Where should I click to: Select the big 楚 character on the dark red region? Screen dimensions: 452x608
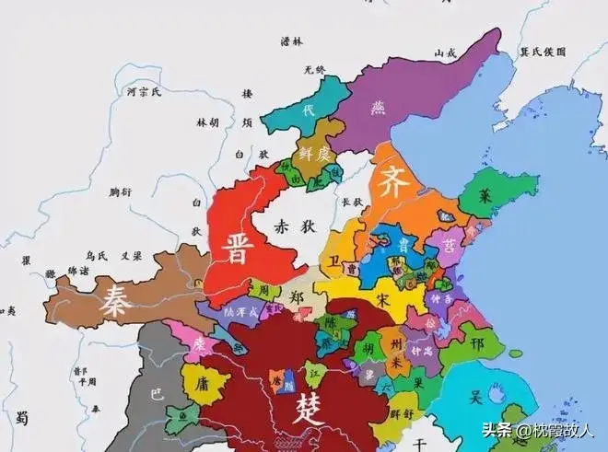pyautogui.click(x=307, y=406)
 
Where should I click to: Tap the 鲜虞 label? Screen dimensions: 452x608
pyautogui.click(x=313, y=154)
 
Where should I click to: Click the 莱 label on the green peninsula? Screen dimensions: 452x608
pyautogui.click(x=484, y=195)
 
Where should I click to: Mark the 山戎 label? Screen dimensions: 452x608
pyautogui.click(x=446, y=52)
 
